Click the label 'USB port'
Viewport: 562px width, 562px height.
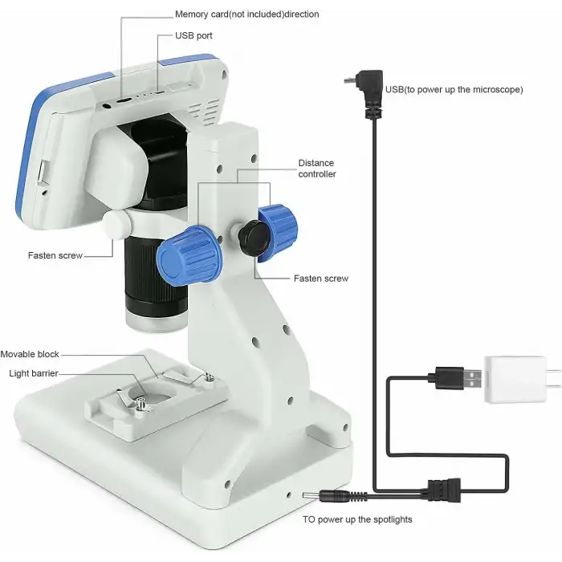point(193,35)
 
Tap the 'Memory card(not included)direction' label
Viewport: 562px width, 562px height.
point(247,14)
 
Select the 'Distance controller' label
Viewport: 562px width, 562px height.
point(317,169)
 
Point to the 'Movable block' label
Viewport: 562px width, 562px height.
point(30,354)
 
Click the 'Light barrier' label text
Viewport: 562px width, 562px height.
point(34,373)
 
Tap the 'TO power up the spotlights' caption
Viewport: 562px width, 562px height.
point(357,519)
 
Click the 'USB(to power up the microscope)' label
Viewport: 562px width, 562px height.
point(454,90)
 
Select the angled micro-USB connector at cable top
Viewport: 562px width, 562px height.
point(368,90)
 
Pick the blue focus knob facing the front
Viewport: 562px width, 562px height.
point(189,255)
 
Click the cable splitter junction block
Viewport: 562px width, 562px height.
point(444,490)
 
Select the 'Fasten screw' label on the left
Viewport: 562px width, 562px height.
point(55,255)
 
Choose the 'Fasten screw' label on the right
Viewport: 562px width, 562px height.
point(321,279)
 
